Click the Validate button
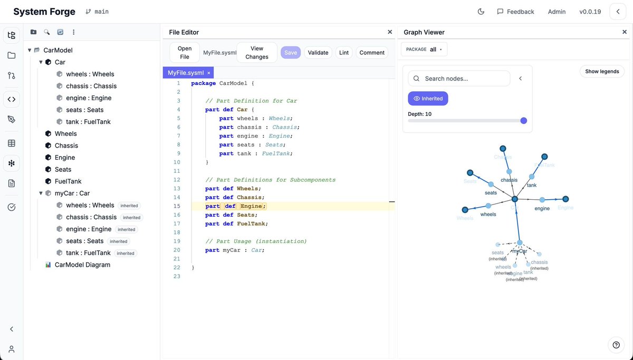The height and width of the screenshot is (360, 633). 318,53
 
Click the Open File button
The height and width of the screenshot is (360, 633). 185,53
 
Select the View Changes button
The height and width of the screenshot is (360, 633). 257,53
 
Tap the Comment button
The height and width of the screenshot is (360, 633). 372,53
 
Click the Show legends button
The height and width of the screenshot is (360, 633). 602,71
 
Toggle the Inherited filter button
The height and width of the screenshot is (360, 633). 428,99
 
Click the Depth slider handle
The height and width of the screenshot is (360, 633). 524,121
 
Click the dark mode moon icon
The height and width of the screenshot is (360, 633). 481,12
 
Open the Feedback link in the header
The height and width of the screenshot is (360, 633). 515,12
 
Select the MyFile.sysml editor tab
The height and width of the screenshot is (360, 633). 186,73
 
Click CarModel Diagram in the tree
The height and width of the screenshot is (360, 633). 82,265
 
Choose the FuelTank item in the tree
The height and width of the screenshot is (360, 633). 68,181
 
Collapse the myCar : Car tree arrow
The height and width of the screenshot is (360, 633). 41,193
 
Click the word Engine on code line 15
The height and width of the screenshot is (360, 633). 251,206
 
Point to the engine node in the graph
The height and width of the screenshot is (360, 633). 542,200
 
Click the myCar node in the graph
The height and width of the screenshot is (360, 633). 520,243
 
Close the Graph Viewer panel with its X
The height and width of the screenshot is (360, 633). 625,32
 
